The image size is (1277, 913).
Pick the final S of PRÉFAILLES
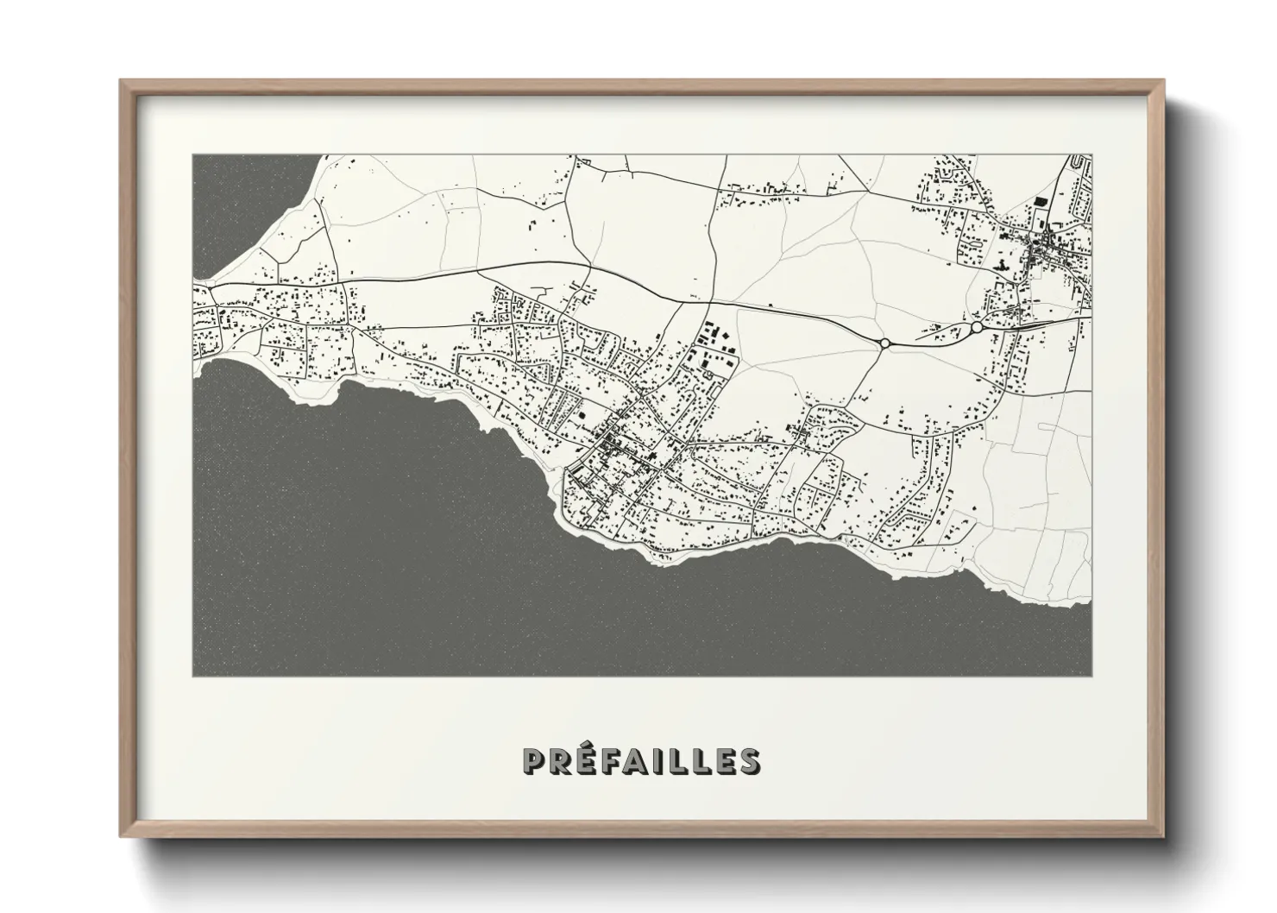tap(750, 761)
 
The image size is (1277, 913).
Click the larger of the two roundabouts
tap(977, 327)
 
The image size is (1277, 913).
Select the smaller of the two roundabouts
tap(884, 343)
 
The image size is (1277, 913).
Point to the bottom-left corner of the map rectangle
tap(192, 676)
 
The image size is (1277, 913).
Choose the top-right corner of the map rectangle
tap(1091, 155)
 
